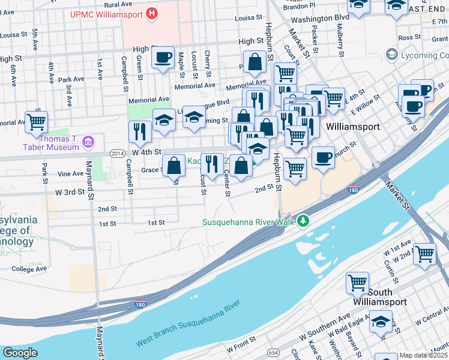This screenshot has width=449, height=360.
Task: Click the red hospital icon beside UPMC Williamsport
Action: [x=152, y=13]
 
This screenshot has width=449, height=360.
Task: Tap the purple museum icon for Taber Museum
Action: [x=88, y=142]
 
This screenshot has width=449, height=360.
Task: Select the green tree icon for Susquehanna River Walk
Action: [x=304, y=222]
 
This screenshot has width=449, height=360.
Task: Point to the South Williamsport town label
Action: [x=380, y=297]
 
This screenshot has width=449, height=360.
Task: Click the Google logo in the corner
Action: [x=20, y=353]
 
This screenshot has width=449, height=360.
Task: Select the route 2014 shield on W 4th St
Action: [x=118, y=154]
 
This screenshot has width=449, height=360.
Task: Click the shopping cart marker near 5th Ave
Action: [x=37, y=122]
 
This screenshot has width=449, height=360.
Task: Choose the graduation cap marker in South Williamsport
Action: [x=381, y=323]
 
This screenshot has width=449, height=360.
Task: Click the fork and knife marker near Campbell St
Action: [x=140, y=132]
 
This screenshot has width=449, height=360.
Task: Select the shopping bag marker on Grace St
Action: [x=173, y=166]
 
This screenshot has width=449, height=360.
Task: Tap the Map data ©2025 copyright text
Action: [x=423, y=355]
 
